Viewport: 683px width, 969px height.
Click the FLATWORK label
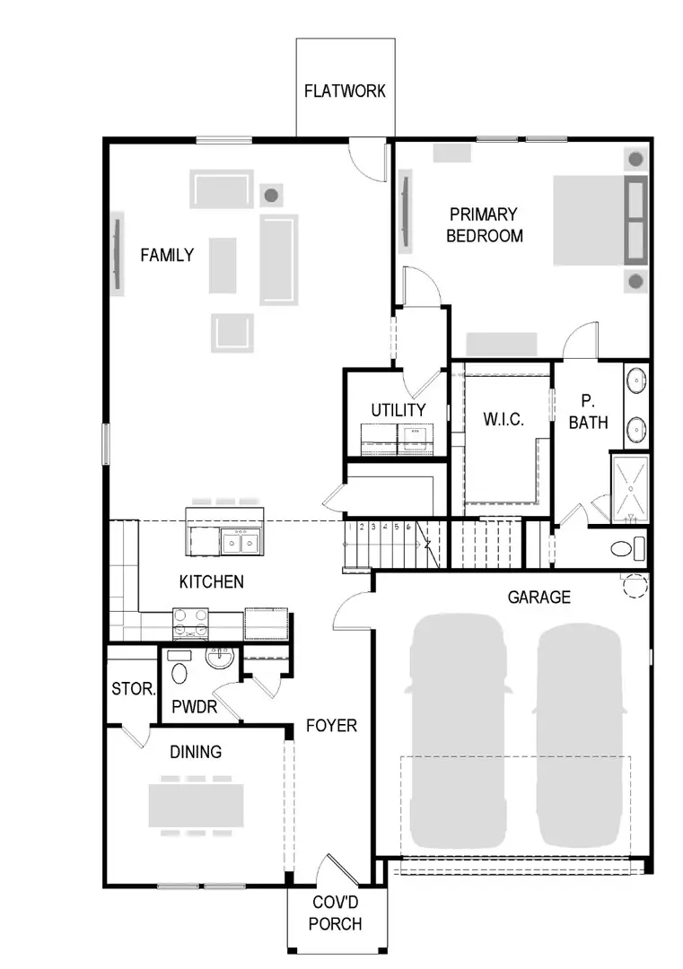pyautogui.click(x=345, y=91)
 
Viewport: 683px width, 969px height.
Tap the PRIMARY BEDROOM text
pyautogui.click(x=484, y=225)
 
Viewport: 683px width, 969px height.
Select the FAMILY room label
pyautogui.click(x=167, y=255)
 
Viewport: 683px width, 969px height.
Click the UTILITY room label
pyautogui.click(x=398, y=410)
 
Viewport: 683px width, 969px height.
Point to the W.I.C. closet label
pyautogui.click(x=503, y=419)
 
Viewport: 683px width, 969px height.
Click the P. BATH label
pyautogui.click(x=587, y=411)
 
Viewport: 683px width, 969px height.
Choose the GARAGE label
pyautogui.click(x=539, y=597)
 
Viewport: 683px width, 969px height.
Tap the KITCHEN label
pyautogui.click(x=211, y=581)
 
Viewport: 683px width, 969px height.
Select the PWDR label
pyautogui.click(x=195, y=706)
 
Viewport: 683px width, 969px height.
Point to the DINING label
pyautogui.click(x=196, y=752)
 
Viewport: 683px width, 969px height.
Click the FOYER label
pyautogui.click(x=330, y=725)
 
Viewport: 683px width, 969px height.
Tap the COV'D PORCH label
pyautogui.click(x=337, y=913)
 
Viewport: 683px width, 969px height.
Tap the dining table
pyautogui.click(x=197, y=805)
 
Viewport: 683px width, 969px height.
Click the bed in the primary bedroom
pyautogui.click(x=599, y=220)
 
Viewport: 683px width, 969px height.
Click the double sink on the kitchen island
pyautogui.click(x=241, y=541)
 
